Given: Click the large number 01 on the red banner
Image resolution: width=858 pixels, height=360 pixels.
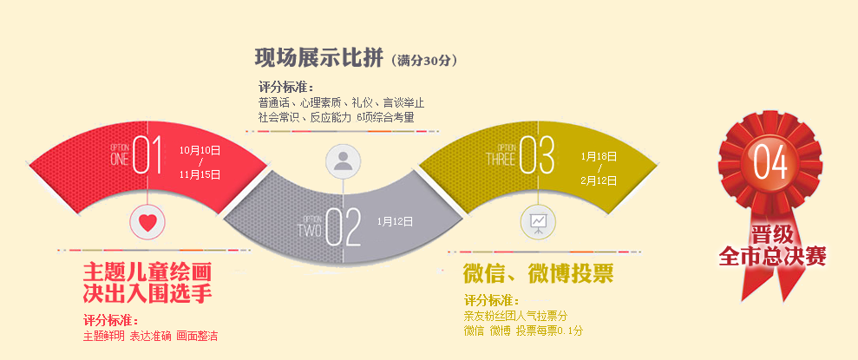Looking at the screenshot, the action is pyautogui.click(x=147, y=154).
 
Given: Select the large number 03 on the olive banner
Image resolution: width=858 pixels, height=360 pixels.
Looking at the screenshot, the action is pyautogui.click(x=537, y=154).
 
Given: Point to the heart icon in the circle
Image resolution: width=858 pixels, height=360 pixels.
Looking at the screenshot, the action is pyautogui.click(x=147, y=221).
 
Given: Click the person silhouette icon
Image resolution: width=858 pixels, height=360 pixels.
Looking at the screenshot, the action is pyautogui.click(x=343, y=160).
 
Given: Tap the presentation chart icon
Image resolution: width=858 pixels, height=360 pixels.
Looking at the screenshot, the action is pyautogui.click(x=538, y=221).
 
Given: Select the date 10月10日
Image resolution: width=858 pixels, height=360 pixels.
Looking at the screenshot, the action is pyautogui.click(x=200, y=150).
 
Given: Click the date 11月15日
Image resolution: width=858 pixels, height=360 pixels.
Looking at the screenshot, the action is pyautogui.click(x=200, y=174).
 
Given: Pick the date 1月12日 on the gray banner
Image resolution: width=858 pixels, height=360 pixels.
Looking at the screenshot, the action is pyautogui.click(x=395, y=221).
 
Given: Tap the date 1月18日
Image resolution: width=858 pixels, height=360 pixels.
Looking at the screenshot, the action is pyautogui.click(x=599, y=156).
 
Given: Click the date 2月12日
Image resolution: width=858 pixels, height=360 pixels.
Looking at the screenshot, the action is pyautogui.click(x=599, y=180).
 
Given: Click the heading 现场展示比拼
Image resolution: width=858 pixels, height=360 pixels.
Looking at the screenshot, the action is pyautogui.click(x=318, y=57).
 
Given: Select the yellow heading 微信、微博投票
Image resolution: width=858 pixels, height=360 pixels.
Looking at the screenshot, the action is pyautogui.click(x=538, y=273).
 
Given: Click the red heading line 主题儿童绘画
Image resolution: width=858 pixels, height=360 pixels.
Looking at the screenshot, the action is pyautogui.click(x=147, y=272).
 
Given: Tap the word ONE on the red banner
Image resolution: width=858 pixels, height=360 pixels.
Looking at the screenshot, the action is pyautogui.click(x=120, y=159).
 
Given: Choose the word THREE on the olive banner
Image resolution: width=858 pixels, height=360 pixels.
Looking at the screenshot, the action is pyautogui.click(x=501, y=159).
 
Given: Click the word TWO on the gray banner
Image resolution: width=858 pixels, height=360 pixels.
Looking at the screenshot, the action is pyautogui.click(x=309, y=230).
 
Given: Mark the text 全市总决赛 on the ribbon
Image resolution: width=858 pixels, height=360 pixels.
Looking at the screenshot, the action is pyautogui.click(x=772, y=256).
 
